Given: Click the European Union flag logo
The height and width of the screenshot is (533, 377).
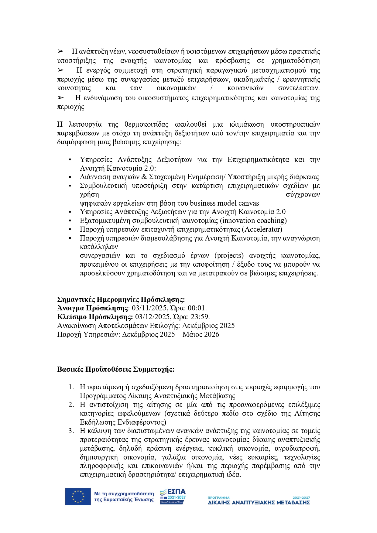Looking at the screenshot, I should [78, 497].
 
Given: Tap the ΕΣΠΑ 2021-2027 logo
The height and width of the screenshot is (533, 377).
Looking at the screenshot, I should [173, 497].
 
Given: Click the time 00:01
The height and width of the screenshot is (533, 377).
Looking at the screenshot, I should [197, 308].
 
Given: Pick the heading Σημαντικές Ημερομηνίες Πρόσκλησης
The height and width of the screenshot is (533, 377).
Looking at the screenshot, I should [121, 299].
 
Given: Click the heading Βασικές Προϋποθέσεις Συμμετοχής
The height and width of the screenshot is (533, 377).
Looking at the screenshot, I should [116, 369].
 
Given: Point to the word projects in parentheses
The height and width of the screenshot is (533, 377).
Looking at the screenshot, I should [229, 255].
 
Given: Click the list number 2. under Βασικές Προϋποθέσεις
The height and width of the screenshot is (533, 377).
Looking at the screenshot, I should [71, 405].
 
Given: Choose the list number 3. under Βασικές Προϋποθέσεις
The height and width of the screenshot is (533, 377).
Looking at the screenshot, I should [71, 431].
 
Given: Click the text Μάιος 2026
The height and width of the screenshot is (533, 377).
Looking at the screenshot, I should [201, 334].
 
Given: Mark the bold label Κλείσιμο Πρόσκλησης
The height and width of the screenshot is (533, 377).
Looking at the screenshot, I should [95, 317].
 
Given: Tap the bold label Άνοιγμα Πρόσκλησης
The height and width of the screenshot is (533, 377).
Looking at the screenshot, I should [93, 308].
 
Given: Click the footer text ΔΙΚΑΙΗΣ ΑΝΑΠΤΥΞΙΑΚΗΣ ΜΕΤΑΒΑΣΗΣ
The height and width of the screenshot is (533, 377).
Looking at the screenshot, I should [259, 503].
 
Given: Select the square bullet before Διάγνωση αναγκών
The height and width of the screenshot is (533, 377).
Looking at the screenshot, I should [70, 177].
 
